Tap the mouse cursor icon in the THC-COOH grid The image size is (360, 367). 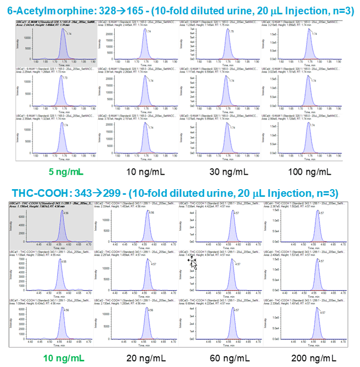click(x=193, y=263)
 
